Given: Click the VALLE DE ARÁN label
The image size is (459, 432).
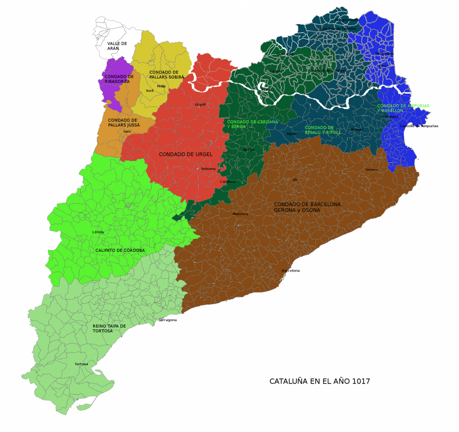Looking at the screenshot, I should (x=117, y=46).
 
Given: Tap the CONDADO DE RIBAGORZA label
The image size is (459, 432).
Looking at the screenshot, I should (x=119, y=79).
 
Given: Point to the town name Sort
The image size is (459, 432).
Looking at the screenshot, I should (x=150, y=91).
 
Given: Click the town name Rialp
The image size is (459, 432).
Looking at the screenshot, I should (x=161, y=86).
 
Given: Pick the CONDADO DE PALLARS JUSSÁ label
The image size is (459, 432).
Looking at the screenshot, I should (x=123, y=123).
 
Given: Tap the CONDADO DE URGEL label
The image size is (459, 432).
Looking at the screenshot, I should (x=186, y=154).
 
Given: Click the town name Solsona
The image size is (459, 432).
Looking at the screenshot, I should (x=208, y=168).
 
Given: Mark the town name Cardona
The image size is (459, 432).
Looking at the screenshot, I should (x=228, y=181).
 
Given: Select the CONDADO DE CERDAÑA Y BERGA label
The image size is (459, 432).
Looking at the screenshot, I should (x=252, y=124).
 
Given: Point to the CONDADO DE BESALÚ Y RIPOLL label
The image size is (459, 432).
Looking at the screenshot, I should (x=323, y=130).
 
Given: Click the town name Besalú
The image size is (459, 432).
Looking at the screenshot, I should (x=357, y=130).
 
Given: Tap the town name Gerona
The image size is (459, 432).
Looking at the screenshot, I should (x=372, y=169).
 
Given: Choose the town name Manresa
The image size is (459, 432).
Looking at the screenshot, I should (x=240, y=214).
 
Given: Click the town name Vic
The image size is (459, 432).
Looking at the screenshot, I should (x=295, y=180).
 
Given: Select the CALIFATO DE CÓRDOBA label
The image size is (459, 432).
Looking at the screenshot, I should (x=120, y=251).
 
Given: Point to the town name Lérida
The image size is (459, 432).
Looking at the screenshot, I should (x=98, y=232).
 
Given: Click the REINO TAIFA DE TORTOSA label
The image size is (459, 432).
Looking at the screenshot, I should (x=109, y=328).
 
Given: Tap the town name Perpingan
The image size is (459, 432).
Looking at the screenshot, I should (x=385, y=53).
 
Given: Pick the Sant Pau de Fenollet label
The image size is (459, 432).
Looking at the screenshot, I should (x=338, y=29).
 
